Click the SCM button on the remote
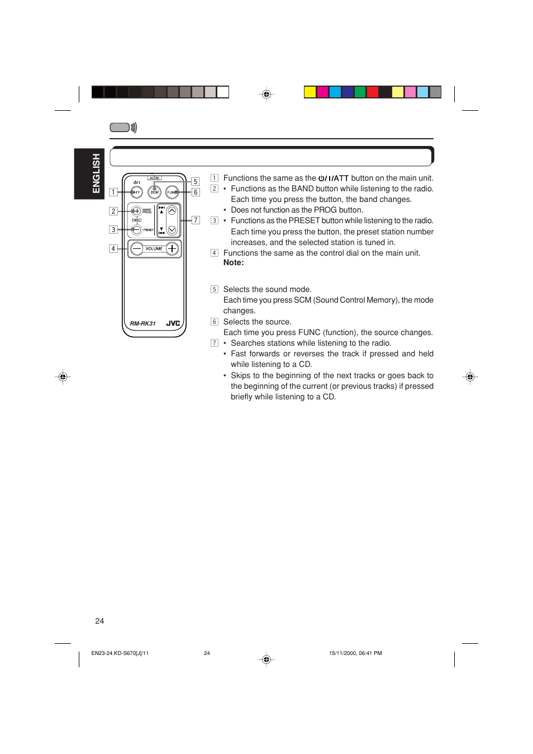coord(154,192)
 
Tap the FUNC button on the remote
coord(172,192)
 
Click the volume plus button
coord(172,248)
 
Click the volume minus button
coord(137,248)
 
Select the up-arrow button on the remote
coord(172,211)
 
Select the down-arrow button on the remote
coord(172,229)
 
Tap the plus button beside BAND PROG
coord(136,211)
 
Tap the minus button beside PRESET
coord(136,229)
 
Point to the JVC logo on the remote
coord(173,323)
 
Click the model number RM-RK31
coord(143,324)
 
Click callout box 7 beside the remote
coord(196,220)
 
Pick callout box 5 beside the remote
coord(195,182)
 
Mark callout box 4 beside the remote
coord(113,248)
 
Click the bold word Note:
coord(234,263)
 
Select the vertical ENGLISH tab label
coord(96,173)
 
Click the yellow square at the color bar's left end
coord(310,92)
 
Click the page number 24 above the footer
coord(99,621)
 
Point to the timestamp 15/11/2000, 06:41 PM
coord(355,653)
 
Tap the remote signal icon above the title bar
coord(123,128)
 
